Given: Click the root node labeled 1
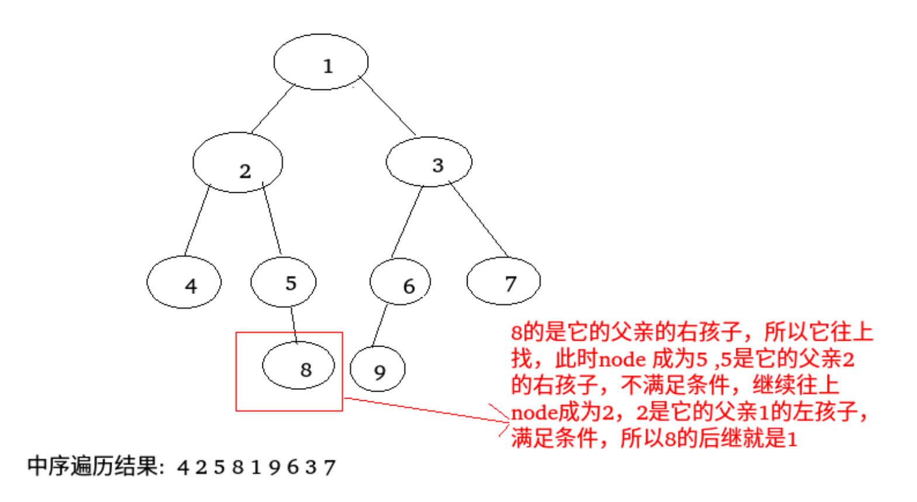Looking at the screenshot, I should click(x=321, y=63).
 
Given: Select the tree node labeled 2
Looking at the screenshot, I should click(x=238, y=163).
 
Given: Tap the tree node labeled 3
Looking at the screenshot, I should click(x=429, y=162).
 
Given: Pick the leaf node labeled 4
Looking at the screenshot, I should click(x=184, y=283).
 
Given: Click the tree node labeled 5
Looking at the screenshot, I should click(x=283, y=282).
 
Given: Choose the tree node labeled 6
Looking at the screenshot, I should click(x=400, y=282).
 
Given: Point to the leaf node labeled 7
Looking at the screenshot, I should click(x=503, y=281).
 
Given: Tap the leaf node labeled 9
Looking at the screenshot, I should click(x=378, y=369).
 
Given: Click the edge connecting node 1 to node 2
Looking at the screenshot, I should click(x=272, y=110).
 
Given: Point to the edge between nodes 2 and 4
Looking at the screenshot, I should click(x=197, y=221).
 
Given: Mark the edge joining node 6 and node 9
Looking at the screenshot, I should click(x=380, y=326).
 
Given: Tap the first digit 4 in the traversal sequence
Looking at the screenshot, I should click(x=184, y=468).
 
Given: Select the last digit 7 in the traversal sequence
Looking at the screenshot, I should click(x=330, y=468).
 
